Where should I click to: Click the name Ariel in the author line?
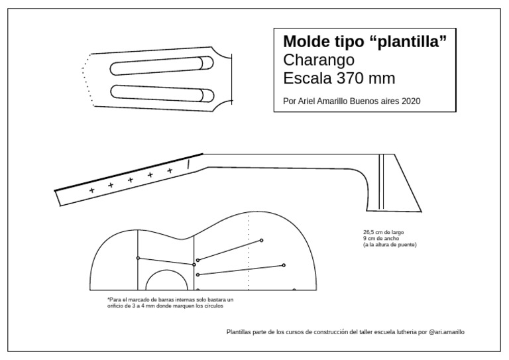pyautogui.click(x=304, y=101)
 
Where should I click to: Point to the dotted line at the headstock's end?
pyautogui.click(x=84, y=80)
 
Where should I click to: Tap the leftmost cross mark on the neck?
pyautogui.click(x=91, y=190)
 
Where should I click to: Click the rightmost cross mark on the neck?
pyautogui.click(x=170, y=171)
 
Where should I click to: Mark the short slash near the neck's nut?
pyautogui.click(x=189, y=162)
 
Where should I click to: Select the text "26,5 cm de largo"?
pyautogui.click(x=383, y=232)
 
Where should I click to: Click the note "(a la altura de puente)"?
pyautogui.click(x=390, y=245)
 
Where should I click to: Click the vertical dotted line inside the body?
pyautogui.click(x=249, y=252)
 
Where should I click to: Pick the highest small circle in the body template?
pyautogui.click(x=262, y=240)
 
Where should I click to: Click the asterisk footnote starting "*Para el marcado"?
pyautogui.click(x=170, y=302)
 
